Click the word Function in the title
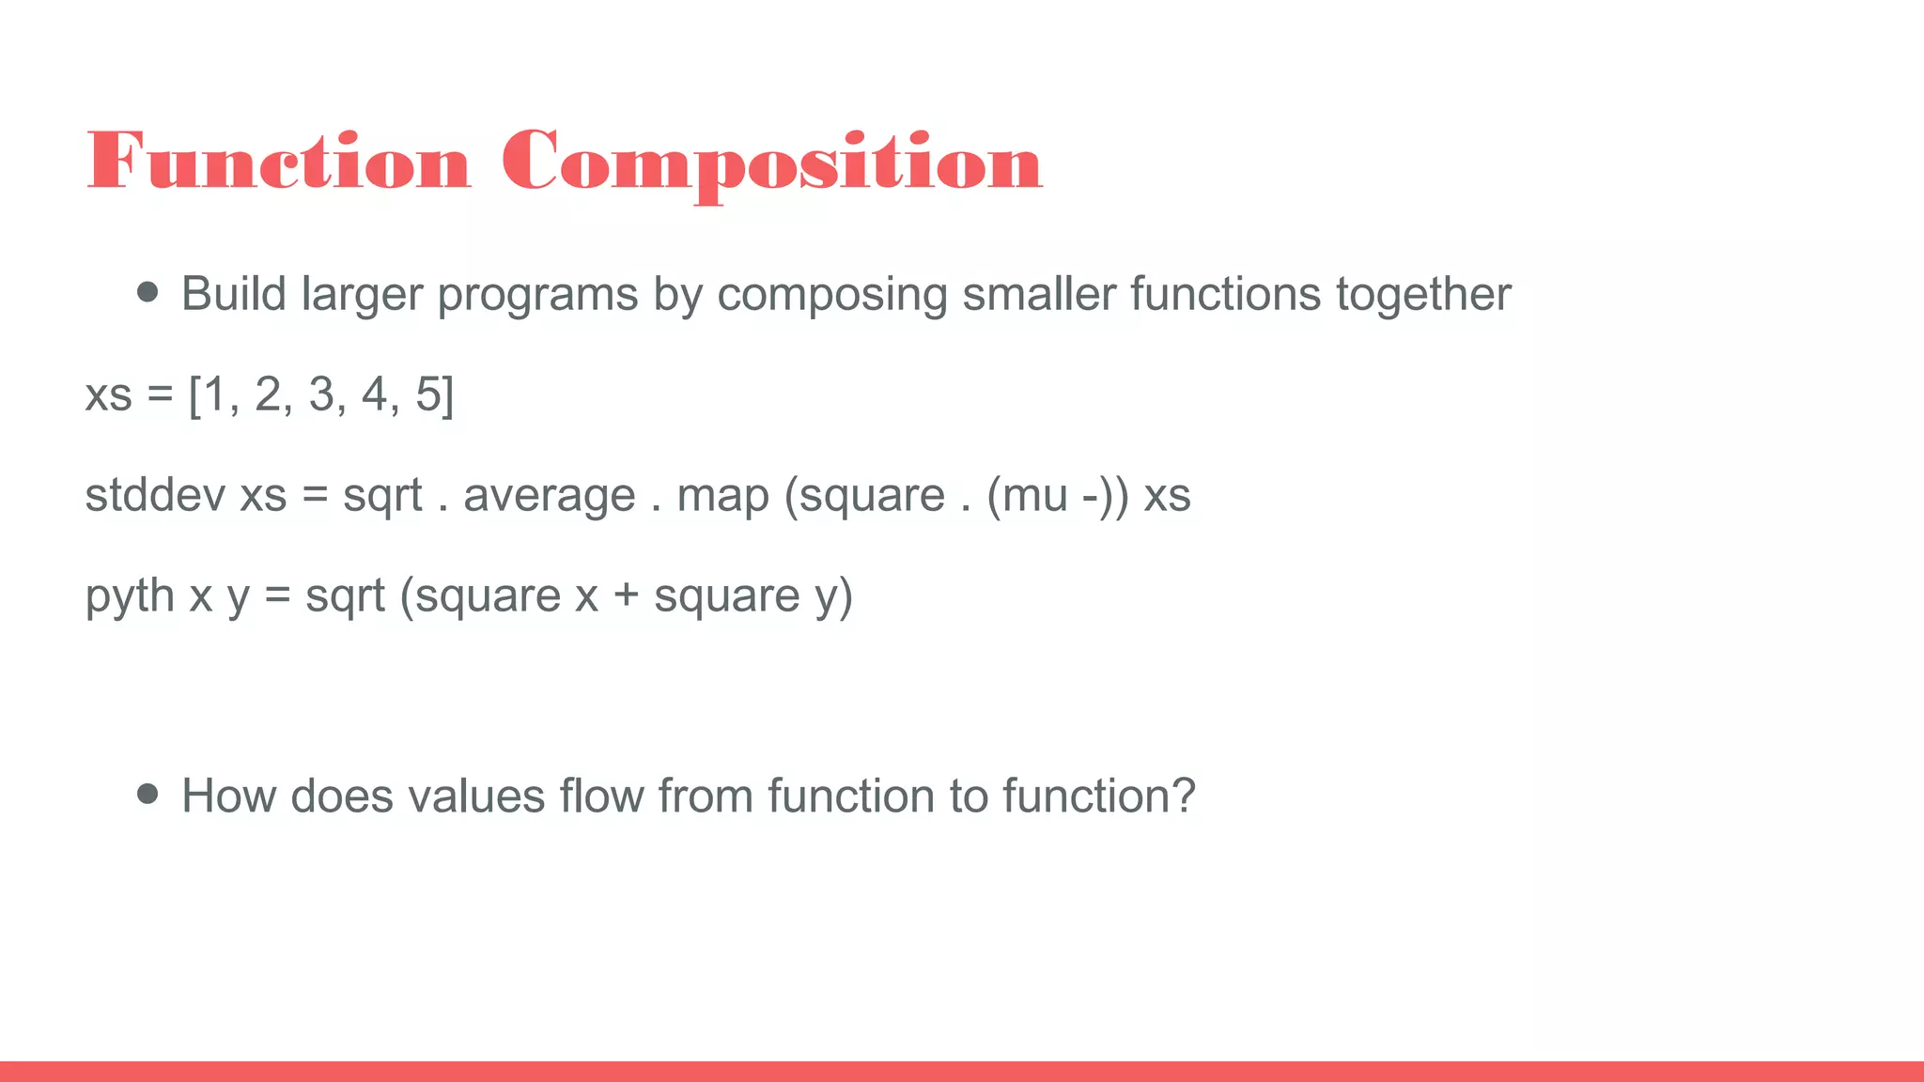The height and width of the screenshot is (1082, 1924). pyautogui.click(x=278, y=162)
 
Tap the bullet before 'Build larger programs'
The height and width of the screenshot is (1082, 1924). pyautogui.click(x=147, y=292)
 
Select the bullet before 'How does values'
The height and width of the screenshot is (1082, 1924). pyautogui.click(x=147, y=795)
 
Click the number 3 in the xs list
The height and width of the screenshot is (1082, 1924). pyautogui.click(x=321, y=394)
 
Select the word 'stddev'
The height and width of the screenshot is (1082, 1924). pyautogui.click(x=155, y=495)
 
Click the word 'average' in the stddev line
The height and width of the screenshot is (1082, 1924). pyautogui.click(x=550, y=497)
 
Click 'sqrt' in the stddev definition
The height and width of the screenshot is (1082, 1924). pyautogui.click(x=382, y=497)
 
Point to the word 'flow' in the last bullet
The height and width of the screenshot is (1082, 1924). pyautogui.click(x=601, y=796)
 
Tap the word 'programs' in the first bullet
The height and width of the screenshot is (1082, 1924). pyautogui.click(x=537, y=296)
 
